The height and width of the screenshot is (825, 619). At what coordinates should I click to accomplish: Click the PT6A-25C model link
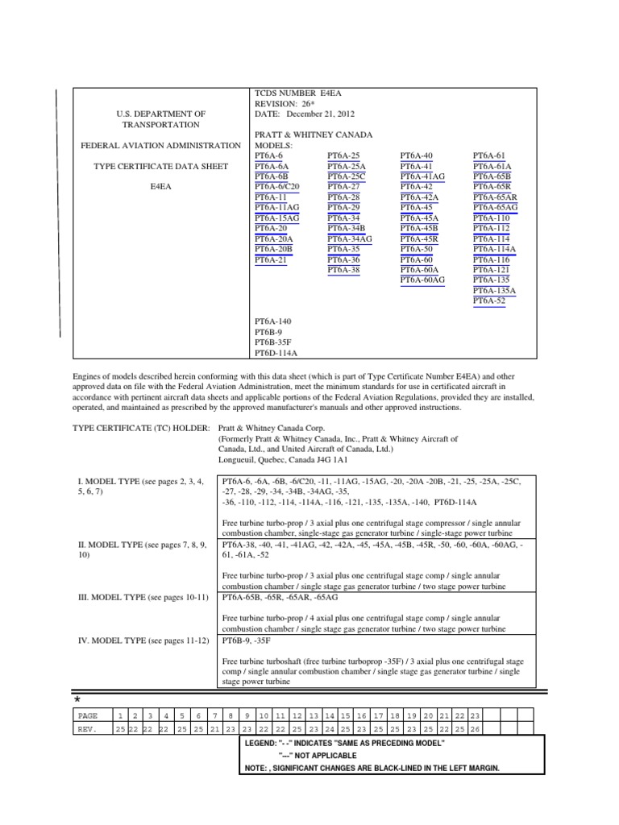pos(346,176)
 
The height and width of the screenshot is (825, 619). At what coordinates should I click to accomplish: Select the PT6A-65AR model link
pos(495,197)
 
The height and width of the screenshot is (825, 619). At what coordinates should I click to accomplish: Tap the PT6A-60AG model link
pos(422,280)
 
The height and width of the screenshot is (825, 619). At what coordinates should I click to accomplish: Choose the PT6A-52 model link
pos(489,301)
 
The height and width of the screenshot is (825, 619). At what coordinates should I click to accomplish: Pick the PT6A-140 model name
pos(273,321)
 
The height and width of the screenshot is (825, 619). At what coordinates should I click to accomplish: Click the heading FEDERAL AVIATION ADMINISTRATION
pos(161,145)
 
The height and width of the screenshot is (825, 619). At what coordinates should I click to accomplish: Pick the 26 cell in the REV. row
pos(476,730)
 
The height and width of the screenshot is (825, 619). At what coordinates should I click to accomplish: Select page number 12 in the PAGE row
pos(297,715)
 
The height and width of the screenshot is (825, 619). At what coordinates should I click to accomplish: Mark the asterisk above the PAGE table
pos(78,699)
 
